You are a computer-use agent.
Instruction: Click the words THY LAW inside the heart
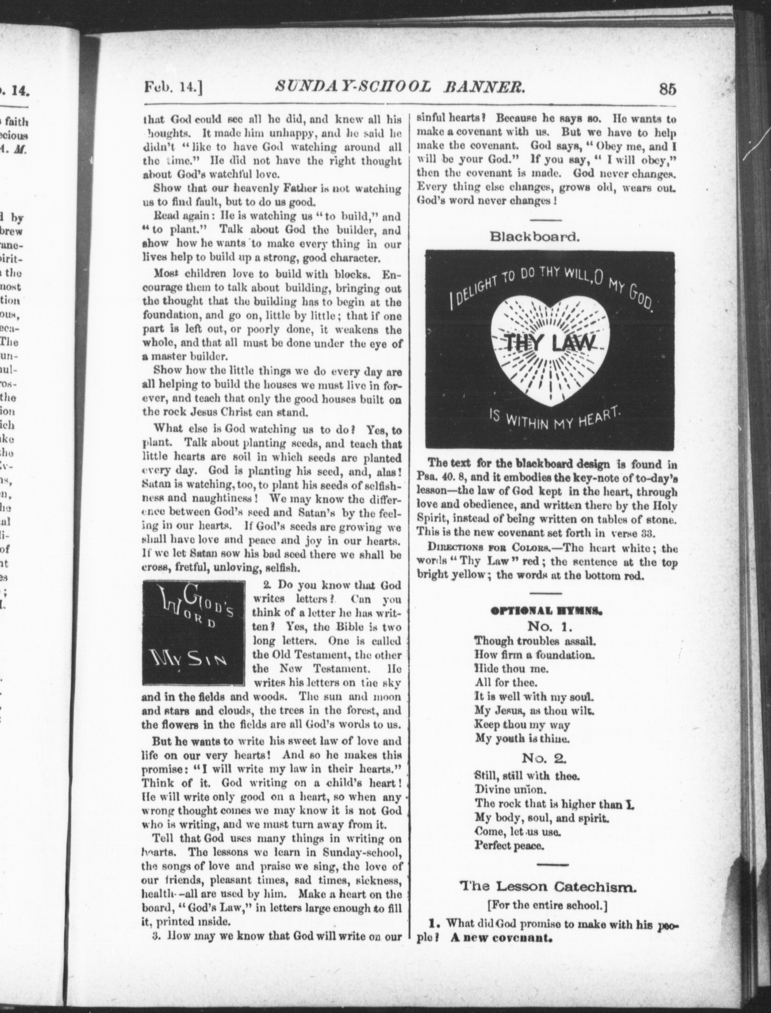(x=550, y=344)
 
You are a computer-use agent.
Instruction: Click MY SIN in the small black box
(x=189, y=660)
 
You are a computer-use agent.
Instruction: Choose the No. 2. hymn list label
(x=544, y=758)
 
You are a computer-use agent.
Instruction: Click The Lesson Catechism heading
(x=548, y=888)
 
